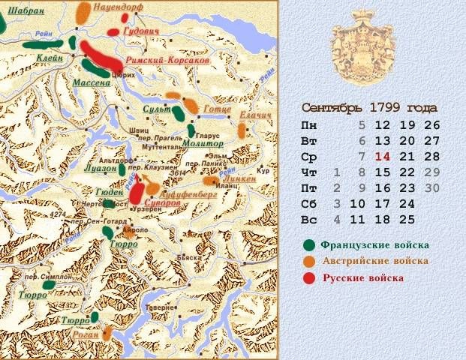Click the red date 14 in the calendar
[x=383, y=157]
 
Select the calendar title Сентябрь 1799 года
[x=371, y=108]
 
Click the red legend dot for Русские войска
[x=308, y=278]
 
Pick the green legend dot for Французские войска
[x=308, y=245]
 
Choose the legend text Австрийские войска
[x=375, y=261]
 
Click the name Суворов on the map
[x=163, y=202]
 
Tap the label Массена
[x=92, y=82]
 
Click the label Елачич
[x=254, y=114]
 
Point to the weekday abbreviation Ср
[x=308, y=157]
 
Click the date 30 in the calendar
[x=431, y=188]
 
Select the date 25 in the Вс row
[x=407, y=220]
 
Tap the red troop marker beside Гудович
[x=113, y=32]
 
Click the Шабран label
[x=26, y=11]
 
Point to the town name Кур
[x=263, y=170]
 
